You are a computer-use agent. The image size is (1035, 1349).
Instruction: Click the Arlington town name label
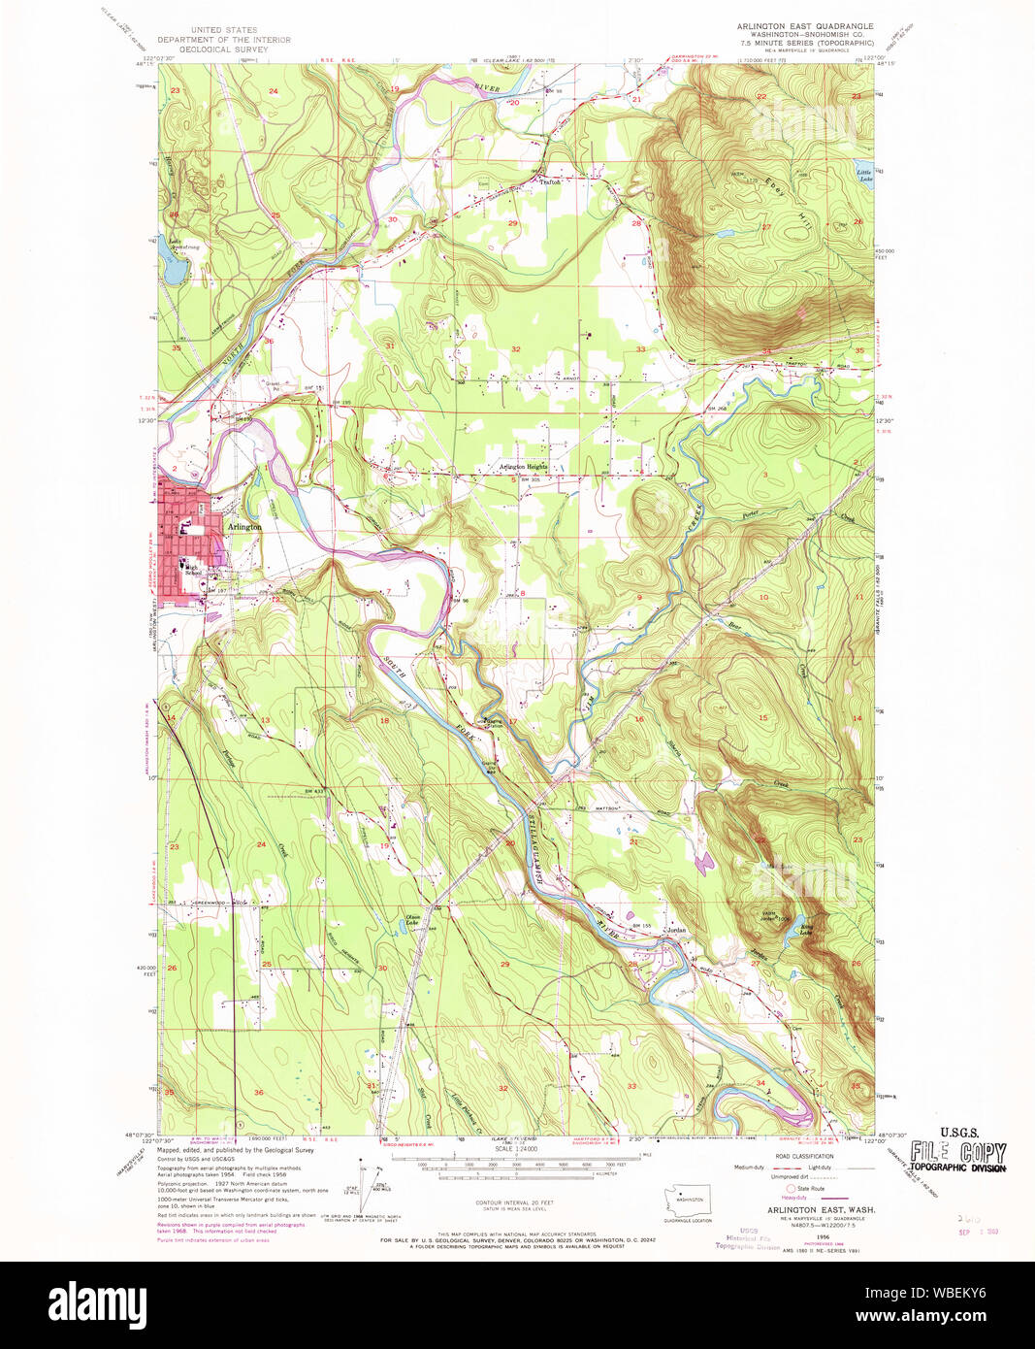point(243,526)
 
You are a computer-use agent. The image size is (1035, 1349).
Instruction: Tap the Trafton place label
point(551,181)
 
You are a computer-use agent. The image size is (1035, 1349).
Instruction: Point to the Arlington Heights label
point(523,467)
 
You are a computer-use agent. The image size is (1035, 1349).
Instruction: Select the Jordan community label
point(675,929)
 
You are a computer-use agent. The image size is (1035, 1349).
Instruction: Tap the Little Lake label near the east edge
point(863,176)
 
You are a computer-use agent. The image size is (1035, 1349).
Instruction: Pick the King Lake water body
point(804,930)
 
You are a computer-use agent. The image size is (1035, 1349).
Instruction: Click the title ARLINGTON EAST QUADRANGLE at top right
point(805,26)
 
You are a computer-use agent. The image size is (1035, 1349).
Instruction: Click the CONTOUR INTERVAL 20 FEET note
point(515,1202)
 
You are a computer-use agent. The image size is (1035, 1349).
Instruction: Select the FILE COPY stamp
point(957,1152)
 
